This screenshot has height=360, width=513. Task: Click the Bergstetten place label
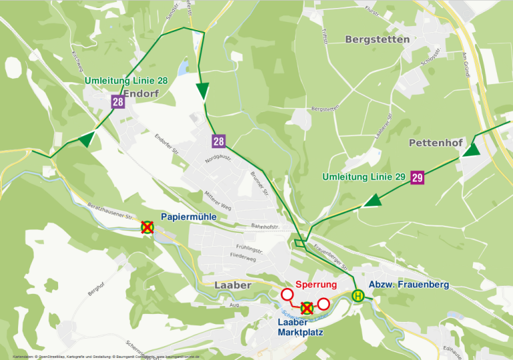pos(377,39)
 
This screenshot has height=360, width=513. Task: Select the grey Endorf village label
pos(141,94)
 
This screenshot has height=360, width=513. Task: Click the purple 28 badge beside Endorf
pos(118,102)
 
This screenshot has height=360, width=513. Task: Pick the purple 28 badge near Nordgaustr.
pos(218,141)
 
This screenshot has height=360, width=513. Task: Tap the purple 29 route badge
pos(417,177)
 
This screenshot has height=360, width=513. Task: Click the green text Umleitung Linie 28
pos(126,81)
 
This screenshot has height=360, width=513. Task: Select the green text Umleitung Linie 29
pos(363,177)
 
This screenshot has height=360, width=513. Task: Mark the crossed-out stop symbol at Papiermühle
pos(147,227)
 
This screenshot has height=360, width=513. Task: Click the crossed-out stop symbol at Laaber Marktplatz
pos(307,308)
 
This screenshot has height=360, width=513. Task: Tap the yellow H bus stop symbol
pos(359,295)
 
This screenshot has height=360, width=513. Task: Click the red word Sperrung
pos(315,285)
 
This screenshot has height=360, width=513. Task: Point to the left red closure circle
pos(288,295)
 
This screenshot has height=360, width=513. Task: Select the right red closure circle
pos(324,304)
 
